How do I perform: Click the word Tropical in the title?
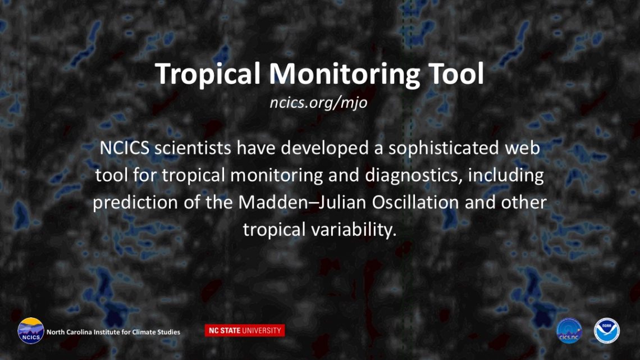[x=208, y=74]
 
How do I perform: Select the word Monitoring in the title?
[x=344, y=74]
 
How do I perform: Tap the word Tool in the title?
[x=456, y=74]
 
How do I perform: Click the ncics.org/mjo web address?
[x=318, y=102]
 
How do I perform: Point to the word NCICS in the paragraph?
[x=125, y=148]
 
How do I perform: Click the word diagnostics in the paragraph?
[x=413, y=176]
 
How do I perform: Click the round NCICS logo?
[x=31, y=331]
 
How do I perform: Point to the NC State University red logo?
[x=244, y=331]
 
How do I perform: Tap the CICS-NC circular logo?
[x=569, y=331]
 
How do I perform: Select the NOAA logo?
[x=606, y=331]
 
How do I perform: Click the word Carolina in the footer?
[x=79, y=332]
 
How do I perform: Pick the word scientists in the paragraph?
[x=193, y=148]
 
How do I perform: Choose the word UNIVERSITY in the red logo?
[x=262, y=331]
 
